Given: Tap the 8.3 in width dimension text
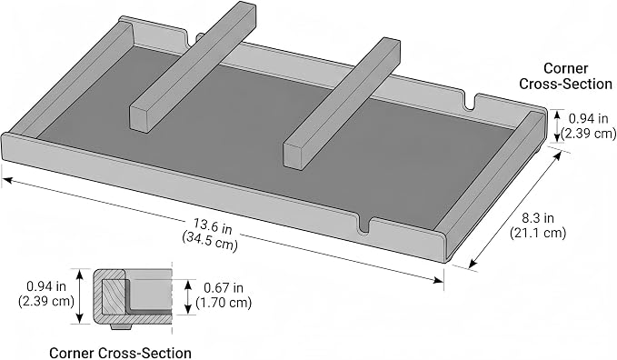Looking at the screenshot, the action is click(x=538, y=218).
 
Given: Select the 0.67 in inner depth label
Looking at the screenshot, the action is click(x=224, y=288).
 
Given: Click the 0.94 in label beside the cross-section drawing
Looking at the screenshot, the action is click(x=46, y=286).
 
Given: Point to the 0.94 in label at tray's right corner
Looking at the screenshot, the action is click(x=589, y=118).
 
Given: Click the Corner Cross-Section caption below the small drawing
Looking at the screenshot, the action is click(x=121, y=353).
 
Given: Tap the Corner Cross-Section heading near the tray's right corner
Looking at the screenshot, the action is click(x=565, y=76).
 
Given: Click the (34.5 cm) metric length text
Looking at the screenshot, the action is click(x=210, y=241).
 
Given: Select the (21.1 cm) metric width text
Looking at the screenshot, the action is click(x=538, y=233).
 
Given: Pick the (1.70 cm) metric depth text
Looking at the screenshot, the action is click(x=224, y=303).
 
